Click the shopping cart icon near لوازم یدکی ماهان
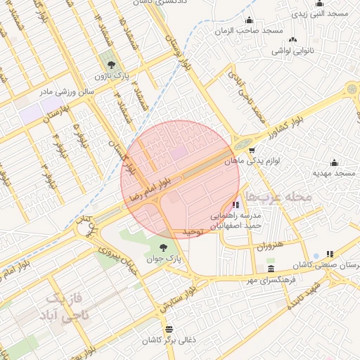tap(251, 150)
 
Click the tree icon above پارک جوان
tap(163, 247)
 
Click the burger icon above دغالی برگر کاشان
tap(168, 329)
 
